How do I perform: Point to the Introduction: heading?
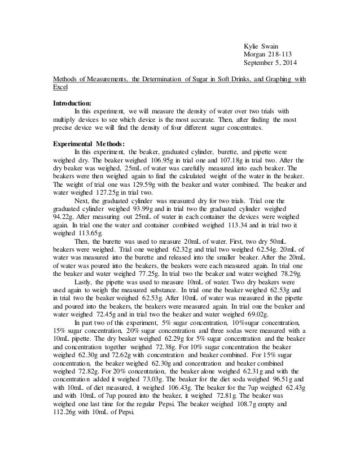point(72,103)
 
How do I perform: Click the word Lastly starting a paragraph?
point(85,281)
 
